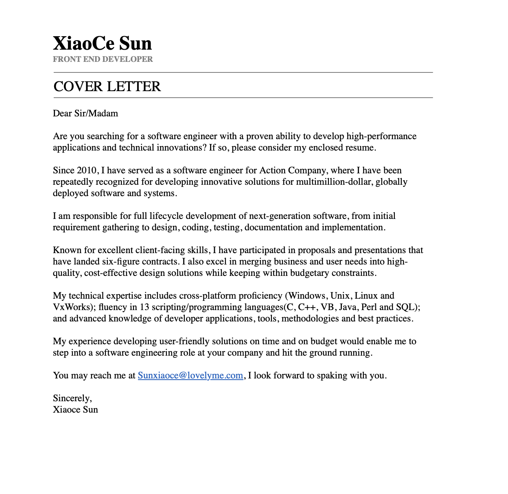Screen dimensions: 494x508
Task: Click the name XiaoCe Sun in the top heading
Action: click(x=102, y=44)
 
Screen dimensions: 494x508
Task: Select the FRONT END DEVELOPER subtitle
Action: click(x=103, y=59)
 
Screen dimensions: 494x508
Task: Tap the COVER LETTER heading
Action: click(x=107, y=86)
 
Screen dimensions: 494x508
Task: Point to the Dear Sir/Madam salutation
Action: click(x=85, y=114)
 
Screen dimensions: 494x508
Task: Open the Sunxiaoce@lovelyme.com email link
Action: click(x=190, y=376)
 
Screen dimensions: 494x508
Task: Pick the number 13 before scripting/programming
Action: click(x=145, y=307)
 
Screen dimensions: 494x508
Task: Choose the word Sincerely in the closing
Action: click(x=72, y=398)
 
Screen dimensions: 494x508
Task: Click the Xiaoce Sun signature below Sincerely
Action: click(x=75, y=410)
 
